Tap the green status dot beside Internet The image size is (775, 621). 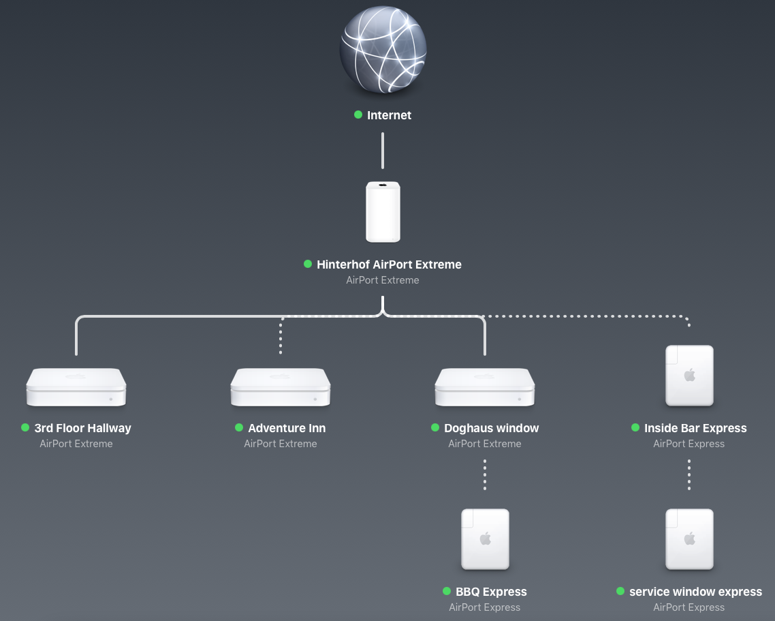[358, 115]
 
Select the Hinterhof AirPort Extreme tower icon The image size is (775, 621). [383, 211]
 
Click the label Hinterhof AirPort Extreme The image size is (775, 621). [389, 264]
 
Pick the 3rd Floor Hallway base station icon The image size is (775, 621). [76, 387]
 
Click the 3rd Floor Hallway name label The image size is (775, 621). [82, 428]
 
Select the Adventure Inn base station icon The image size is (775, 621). [281, 387]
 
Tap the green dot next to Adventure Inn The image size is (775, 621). [239, 427]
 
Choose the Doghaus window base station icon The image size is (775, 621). [485, 387]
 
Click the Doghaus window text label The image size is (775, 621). [491, 428]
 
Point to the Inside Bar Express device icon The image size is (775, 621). [689, 376]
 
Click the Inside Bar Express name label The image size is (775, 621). [695, 428]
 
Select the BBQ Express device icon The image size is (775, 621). [485, 539]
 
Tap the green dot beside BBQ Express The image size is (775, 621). [447, 591]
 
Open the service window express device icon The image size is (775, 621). [689, 539]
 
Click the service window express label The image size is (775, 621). [695, 592]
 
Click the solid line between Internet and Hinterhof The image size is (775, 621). [383, 151]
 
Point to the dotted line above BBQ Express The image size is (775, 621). [485, 474]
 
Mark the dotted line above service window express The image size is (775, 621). [689, 474]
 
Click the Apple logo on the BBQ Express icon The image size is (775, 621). [485, 539]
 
